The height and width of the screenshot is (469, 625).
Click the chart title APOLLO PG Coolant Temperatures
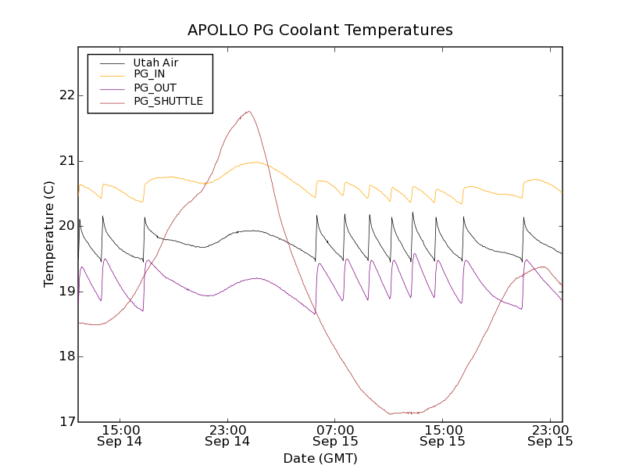click(x=320, y=30)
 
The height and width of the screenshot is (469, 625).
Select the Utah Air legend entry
click(x=156, y=62)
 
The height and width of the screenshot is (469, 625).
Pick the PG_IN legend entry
click(x=149, y=74)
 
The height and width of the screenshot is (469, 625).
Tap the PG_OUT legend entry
click(x=155, y=88)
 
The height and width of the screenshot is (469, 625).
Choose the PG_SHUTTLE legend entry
click(x=168, y=101)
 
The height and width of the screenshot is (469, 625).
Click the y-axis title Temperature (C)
click(x=49, y=234)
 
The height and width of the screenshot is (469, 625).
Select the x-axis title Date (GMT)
click(x=320, y=458)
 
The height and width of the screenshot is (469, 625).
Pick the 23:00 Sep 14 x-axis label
click(x=227, y=435)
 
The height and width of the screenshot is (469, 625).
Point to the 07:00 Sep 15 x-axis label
click(x=335, y=435)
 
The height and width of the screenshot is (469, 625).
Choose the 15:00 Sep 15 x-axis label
click(x=443, y=435)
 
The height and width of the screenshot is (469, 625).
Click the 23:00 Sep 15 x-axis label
click(x=550, y=435)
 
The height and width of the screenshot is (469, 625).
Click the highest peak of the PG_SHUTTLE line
click(x=248, y=111)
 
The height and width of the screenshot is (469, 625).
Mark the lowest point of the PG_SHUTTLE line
click(x=391, y=414)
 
